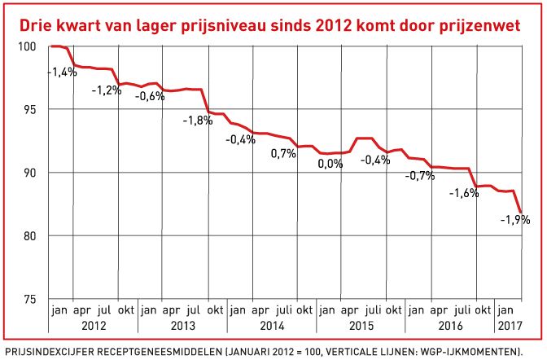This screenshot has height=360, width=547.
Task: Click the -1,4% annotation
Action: [63, 72]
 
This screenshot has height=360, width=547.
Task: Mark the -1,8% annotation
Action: [197, 121]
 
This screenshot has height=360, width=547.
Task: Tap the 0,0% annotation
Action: [331, 163]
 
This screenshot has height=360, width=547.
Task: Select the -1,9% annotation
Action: [514, 219]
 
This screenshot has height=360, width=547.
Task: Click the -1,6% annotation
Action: [465, 193]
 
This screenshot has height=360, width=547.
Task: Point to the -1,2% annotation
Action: [106, 90]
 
